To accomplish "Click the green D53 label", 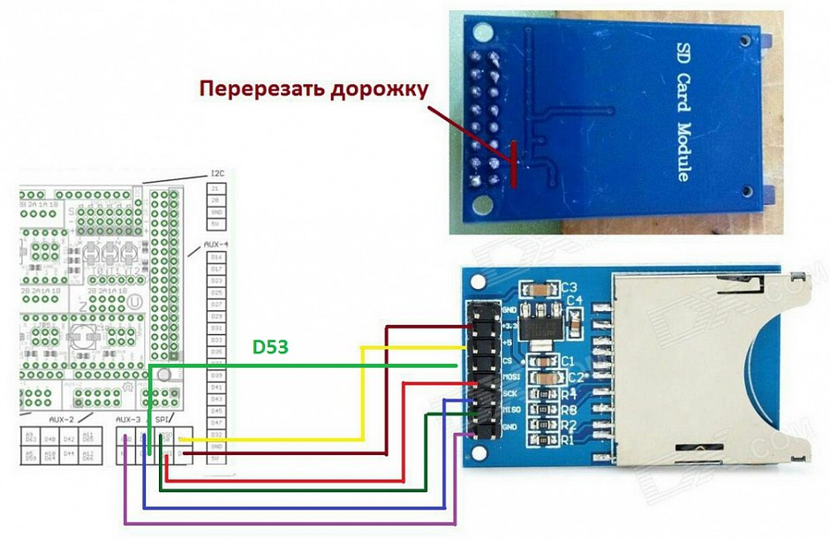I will [x=272, y=347].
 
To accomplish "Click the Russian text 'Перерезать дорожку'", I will [x=313, y=89].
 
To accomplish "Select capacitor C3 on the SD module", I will [x=535, y=289].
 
